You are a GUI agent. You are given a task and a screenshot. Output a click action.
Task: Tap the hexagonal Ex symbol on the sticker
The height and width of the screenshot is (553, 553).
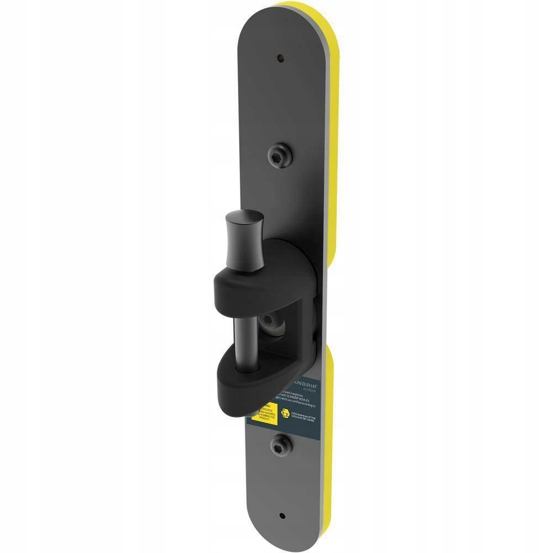pos(284,412)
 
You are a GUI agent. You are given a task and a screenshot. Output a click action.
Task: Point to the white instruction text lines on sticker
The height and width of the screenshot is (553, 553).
pos(299,399)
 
